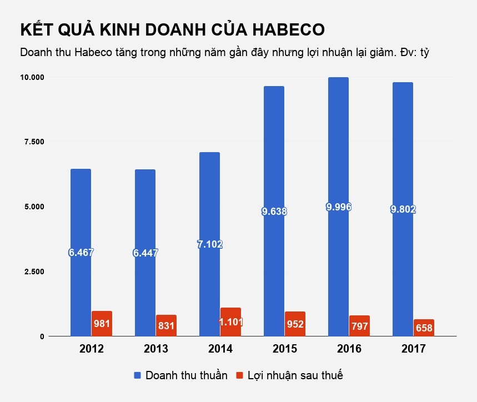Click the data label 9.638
274,211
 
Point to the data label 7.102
209,244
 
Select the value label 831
166,326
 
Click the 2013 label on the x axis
156,349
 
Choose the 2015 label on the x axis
284,349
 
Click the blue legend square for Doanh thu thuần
138,376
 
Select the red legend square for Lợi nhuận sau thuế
240,376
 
